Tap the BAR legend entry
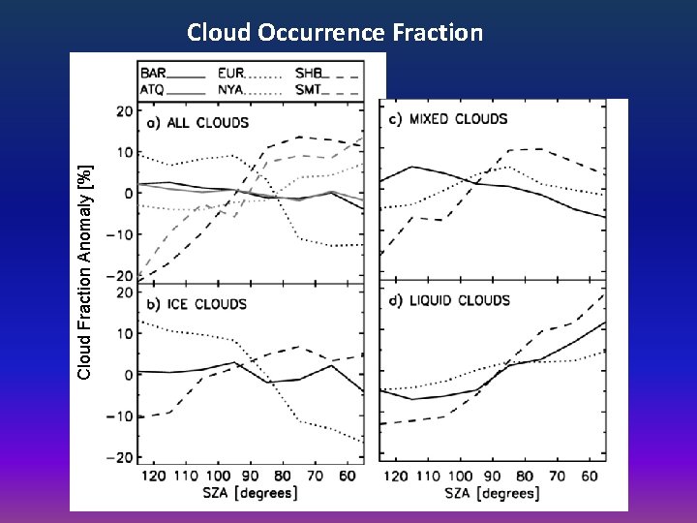153,73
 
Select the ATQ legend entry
153,89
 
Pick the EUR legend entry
231,73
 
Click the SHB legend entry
309,73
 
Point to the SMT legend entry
309,89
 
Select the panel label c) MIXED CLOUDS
448,119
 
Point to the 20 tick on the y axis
124,110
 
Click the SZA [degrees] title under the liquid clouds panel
493,495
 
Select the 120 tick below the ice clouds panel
154,476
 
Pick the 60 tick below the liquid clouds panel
589,476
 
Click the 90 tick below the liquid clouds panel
493,476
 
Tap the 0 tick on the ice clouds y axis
128,375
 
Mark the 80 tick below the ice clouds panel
282,476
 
